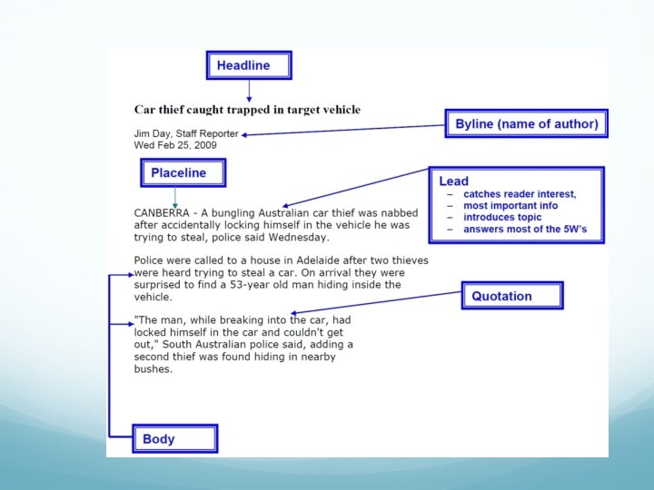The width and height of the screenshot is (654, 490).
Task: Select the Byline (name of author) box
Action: pyautogui.click(x=526, y=124)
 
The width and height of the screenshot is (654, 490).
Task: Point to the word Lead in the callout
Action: pyautogui.click(x=454, y=181)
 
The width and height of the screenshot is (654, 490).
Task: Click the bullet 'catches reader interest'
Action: pyautogui.click(x=520, y=194)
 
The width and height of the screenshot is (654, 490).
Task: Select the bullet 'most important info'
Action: pyautogui.click(x=512, y=206)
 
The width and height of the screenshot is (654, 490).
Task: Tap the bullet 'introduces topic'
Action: pyautogui.click(x=502, y=218)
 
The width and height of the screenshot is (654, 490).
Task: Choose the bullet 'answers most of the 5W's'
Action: pyautogui.click(x=525, y=230)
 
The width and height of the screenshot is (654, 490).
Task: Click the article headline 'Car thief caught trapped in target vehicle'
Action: pyautogui.click(x=247, y=110)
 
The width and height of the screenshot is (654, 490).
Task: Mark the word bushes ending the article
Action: pyautogui.click(x=153, y=369)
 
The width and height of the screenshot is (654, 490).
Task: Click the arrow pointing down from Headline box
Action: pyautogui.click(x=249, y=92)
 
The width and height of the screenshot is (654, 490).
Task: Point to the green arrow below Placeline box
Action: pyautogui.click(x=175, y=197)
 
